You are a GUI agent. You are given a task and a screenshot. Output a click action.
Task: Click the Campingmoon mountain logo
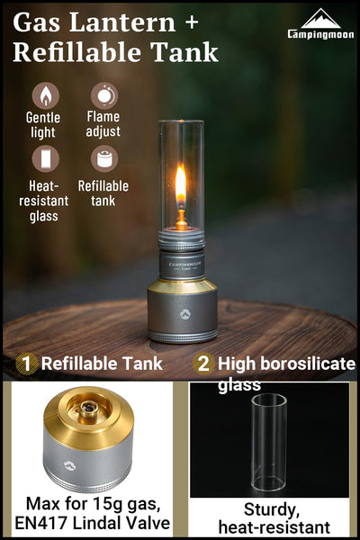pos(321,19)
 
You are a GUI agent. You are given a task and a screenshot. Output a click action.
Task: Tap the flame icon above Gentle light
pos(46,95)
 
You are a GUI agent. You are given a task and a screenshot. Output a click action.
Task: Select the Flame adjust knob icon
pos(104,95)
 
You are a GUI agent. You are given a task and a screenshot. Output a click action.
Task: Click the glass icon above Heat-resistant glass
pos(46,158)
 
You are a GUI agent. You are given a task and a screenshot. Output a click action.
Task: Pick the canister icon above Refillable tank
pos(104,158)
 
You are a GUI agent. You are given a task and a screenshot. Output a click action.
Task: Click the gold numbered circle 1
pos(26,364)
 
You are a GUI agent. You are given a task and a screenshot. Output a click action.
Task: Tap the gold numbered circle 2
pos(203,364)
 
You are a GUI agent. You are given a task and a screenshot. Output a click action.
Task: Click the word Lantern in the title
pos(122,22)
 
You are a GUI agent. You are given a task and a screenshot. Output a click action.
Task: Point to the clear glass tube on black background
pos(269,443)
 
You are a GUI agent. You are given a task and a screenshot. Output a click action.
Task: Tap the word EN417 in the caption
pos(41,523)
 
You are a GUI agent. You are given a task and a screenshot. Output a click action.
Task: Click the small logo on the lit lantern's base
pos(184,314)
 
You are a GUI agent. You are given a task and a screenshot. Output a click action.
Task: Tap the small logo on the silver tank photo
pos(70,465)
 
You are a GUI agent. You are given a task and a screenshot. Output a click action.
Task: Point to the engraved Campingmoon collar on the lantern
pos(182,265)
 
